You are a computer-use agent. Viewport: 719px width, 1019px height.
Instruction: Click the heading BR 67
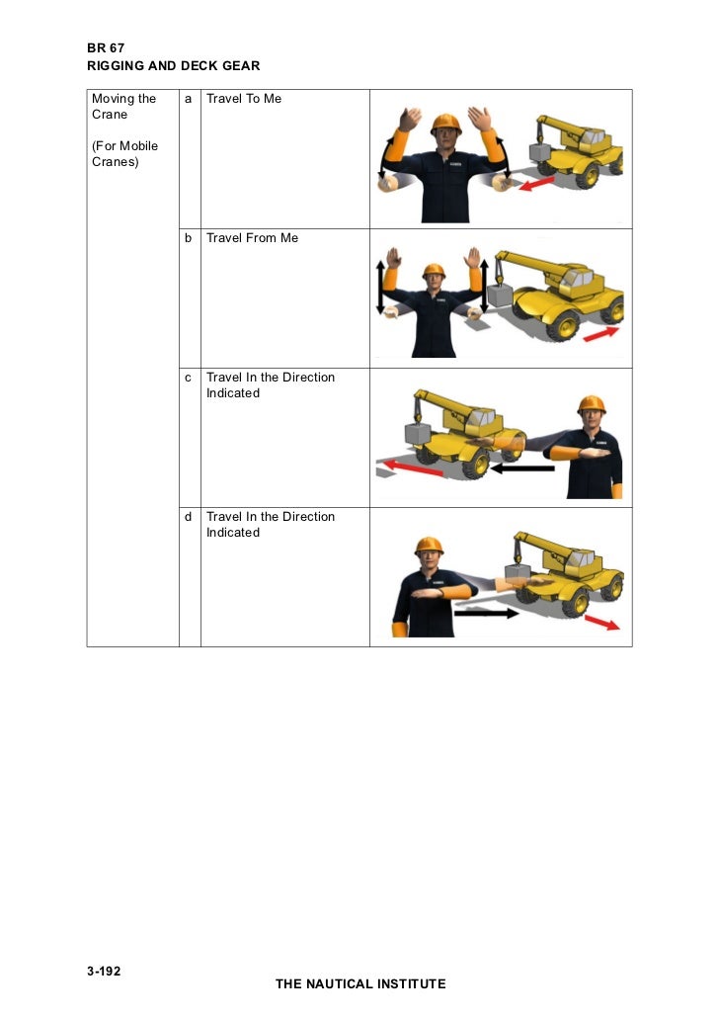pos(106,48)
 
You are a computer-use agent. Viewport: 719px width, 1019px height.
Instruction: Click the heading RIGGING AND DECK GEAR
pos(174,65)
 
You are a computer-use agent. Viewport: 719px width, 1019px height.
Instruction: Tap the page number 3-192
pos(104,971)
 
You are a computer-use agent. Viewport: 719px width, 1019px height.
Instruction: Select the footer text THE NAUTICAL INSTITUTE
pos(360,983)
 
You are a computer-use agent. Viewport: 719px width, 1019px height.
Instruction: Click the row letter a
pos(189,99)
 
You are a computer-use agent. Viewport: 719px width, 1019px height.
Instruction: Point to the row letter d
pos(189,517)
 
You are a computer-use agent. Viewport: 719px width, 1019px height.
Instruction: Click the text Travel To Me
pos(244,99)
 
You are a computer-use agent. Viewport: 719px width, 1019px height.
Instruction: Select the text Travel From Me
pos(252,238)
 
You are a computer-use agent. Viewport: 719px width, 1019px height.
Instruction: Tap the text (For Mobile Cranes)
pos(124,154)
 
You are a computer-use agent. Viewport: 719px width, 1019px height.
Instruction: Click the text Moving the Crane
pos(123,107)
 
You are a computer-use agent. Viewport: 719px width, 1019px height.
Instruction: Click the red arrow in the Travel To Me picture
pos(536,184)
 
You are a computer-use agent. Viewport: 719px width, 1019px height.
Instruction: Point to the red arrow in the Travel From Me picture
pos(600,334)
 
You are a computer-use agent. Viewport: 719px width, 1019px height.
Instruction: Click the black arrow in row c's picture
pos(522,467)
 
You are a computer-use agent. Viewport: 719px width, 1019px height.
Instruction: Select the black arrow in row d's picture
pos(487,612)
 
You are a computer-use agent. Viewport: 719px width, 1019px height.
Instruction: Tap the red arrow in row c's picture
pos(413,467)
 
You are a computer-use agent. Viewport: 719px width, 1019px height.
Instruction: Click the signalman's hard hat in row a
pos(446,123)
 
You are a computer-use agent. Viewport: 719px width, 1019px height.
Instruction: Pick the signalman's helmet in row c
pos(592,404)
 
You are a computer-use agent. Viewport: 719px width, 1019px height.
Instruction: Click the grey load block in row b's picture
pos(501,296)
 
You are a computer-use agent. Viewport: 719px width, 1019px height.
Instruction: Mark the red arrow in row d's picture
pos(602,623)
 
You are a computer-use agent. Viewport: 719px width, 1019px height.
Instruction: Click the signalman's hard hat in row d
pos(429,546)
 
